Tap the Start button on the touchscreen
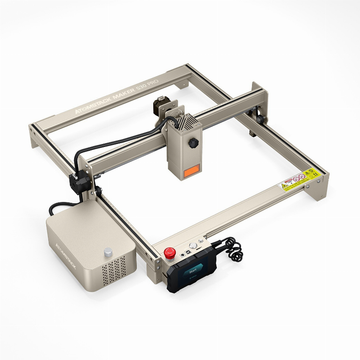(x=193, y=269)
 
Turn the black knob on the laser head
(x=195, y=143)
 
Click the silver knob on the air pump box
(x=108, y=252)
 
